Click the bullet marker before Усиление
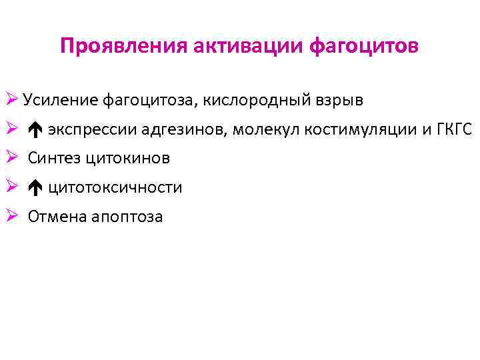pyautogui.click(x=11, y=100)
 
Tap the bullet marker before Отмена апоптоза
pyautogui.click(x=11, y=216)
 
